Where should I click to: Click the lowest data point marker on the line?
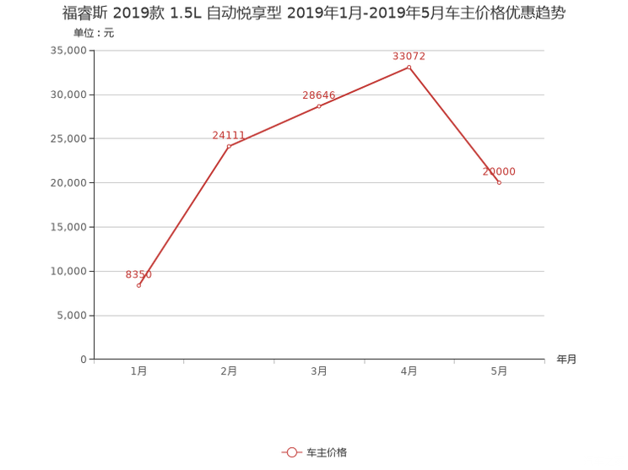point(139,285)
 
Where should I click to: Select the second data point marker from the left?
point(229,146)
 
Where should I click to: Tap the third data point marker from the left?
point(319,105)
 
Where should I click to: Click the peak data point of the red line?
point(409,67)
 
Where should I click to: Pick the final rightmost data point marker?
point(499,181)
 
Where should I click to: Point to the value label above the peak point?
point(409,57)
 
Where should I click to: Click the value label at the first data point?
point(139,275)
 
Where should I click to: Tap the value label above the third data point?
point(319,95)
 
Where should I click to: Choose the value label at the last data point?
point(498,171)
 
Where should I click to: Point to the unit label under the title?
point(94,34)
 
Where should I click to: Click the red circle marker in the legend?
point(291,452)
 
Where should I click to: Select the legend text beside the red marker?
point(326,452)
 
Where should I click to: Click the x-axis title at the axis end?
point(566,359)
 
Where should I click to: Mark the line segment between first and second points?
point(184,216)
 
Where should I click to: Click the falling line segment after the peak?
point(454,125)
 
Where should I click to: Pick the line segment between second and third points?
point(274,126)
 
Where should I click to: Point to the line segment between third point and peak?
point(364,86)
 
